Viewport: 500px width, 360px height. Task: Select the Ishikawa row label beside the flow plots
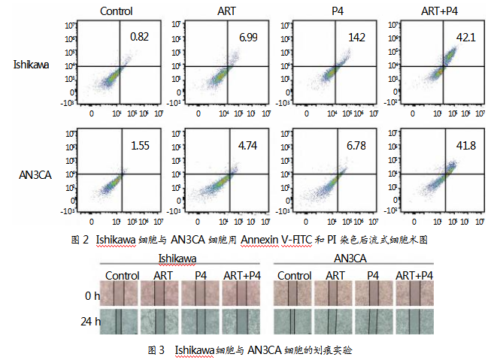(x=32, y=65)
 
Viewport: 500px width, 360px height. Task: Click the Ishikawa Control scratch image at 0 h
(x=123, y=295)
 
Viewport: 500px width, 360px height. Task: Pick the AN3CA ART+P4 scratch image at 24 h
(x=414, y=322)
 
